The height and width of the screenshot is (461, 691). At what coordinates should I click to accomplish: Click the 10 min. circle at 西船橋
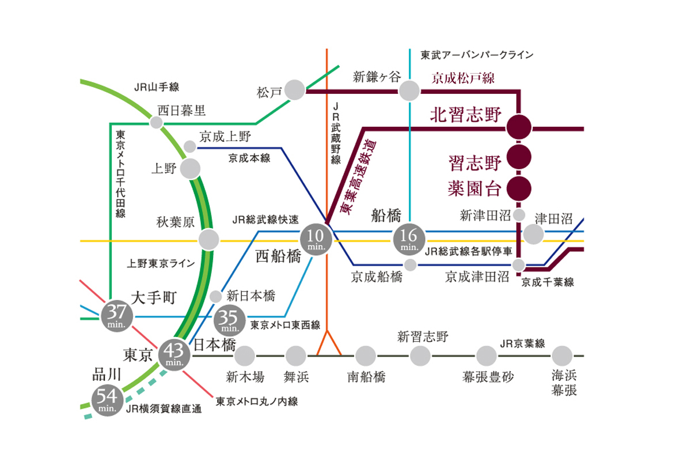pyautogui.click(x=316, y=239)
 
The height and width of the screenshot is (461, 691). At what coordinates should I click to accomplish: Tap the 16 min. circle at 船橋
pyautogui.click(x=409, y=239)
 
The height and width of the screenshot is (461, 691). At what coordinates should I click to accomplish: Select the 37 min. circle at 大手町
pyautogui.click(x=117, y=316)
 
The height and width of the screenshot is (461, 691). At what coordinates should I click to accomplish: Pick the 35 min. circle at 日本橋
pyautogui.click(x=230, y=320)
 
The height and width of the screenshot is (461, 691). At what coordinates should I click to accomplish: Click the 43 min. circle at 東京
pyautogui.click(x=174, y=354)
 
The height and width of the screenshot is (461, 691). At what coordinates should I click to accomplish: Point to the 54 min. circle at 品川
pyautogui.click(x=107, y=400)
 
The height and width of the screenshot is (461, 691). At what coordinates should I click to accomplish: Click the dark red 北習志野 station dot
pyautogui.click(x=519, y=127)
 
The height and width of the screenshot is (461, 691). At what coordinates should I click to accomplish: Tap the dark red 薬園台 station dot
pyautogui.click(x=519, y=188)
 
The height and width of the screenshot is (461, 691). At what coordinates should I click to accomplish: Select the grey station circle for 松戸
pyautogui.click(x=295, y=90)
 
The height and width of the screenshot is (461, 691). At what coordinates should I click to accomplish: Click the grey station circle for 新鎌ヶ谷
pyautogui.click(x=409, y=90)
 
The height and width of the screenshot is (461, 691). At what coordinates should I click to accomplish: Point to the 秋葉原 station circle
pyautogui.click(x=209, y=239)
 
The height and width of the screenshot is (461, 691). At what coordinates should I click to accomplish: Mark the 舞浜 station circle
pyautogui.click(x=295, y=356)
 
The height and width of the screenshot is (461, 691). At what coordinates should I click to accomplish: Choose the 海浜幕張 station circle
pyautogui.click(x=562, y=356)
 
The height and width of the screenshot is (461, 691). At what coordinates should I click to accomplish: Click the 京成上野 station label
pyautogui.click(x=225, y=137)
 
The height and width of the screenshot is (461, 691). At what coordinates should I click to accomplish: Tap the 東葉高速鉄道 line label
pyautogui.click(x=358, y=177)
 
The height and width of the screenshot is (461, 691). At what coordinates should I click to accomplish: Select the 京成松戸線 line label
pyautogui.click(x=463, y=78)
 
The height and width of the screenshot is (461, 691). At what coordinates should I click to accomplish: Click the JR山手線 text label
pyautogui.click(x=157, y=88)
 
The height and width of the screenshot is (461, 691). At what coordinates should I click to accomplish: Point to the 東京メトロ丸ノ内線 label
pyautogui.click(x=257, y=402)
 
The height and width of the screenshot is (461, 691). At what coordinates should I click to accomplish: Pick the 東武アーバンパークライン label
pyautogui.click(x=477, y=55)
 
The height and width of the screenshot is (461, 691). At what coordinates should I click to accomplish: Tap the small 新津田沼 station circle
pyautogui.click(x=519, y=215)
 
